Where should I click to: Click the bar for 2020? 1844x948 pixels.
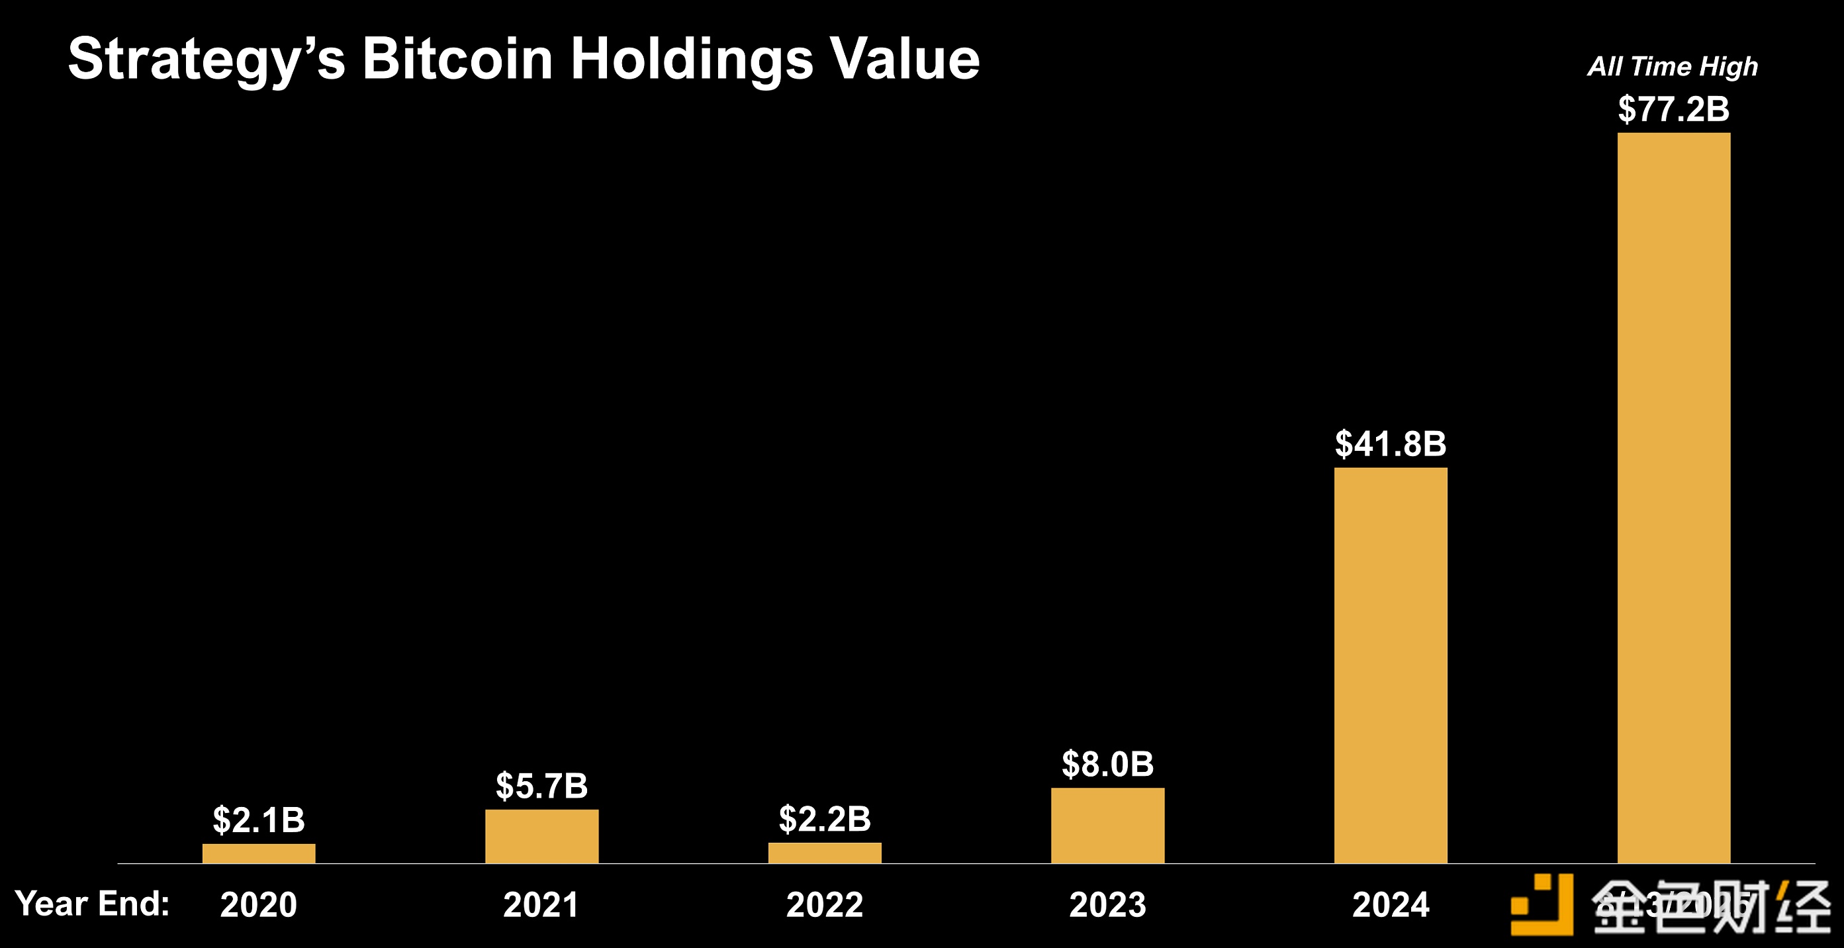click(258, 853)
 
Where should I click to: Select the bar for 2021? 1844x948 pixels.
click(541, 836)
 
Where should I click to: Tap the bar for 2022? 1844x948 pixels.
click(825, 853)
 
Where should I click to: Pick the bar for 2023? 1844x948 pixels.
click(1107, 826)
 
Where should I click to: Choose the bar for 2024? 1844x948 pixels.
click(1390, 665)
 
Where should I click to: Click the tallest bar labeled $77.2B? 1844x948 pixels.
click(1674, 498)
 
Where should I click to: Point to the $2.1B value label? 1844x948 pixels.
click(258, 820)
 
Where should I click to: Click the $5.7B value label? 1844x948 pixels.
click(541, 786)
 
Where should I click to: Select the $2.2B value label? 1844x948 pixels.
click(825, 819)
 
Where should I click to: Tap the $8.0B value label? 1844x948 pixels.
click(1107, 764)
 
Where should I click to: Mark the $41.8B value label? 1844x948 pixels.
click(1390, 444)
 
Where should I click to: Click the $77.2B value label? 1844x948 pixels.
click(1674, 109)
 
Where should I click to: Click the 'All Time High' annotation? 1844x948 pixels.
click(1673, 67)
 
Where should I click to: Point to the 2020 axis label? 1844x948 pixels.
click(258, 904)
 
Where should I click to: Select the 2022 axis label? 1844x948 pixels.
click(825, 904)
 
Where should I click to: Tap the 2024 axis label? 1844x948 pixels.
click(1390, 904)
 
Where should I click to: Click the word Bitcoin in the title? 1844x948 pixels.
click(457, 59)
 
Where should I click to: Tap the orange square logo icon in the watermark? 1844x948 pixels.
click(1542, 904)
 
